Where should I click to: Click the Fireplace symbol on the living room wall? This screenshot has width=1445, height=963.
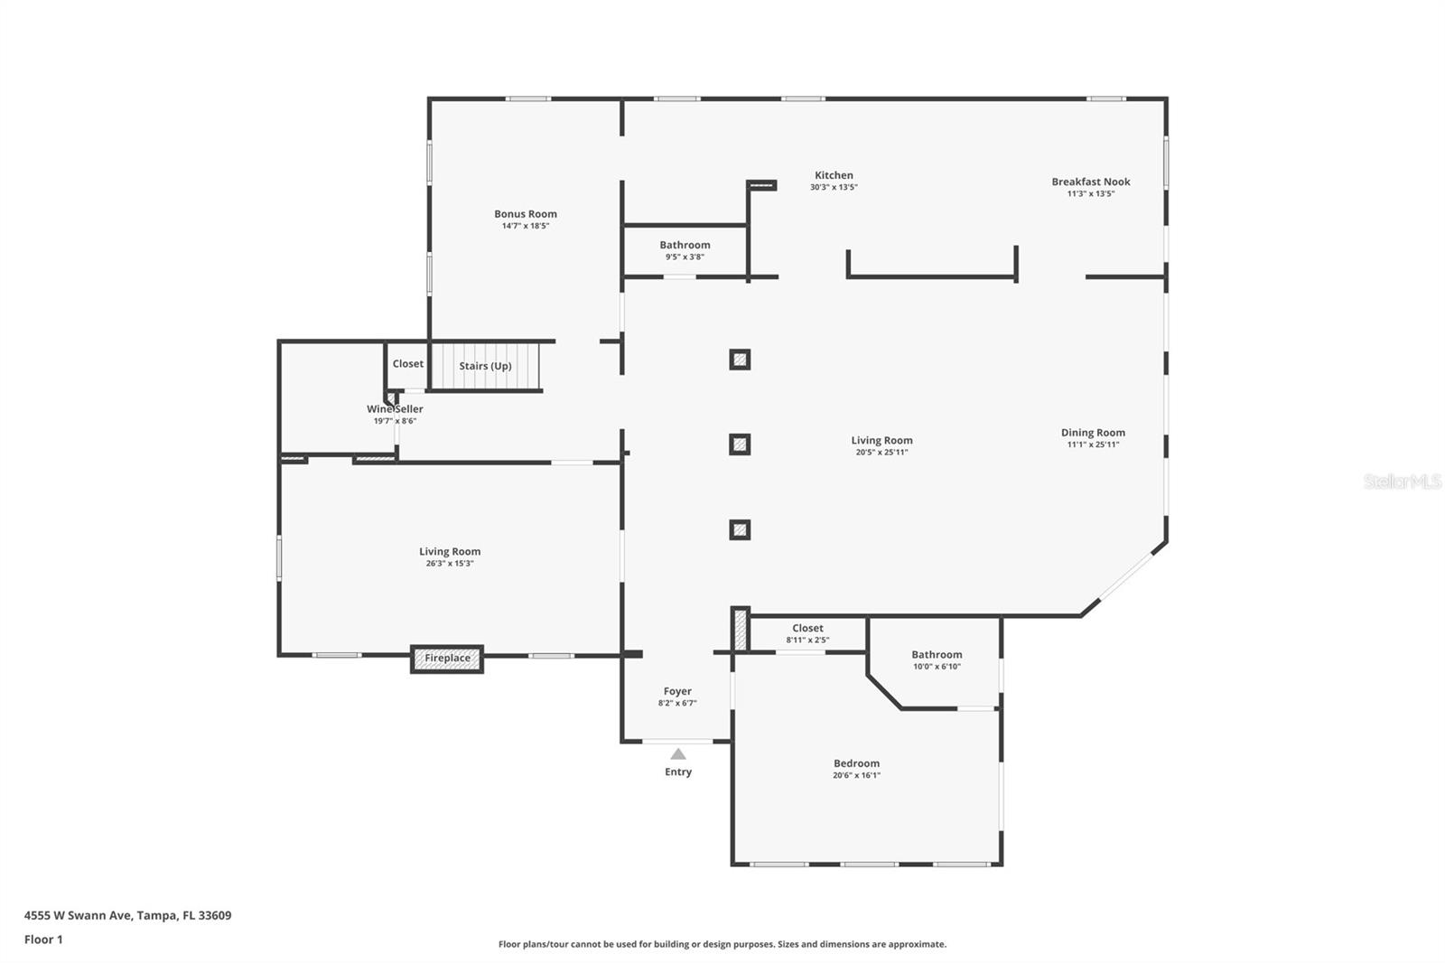pos(447,659)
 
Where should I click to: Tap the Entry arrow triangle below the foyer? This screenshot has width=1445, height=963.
pos(678,754)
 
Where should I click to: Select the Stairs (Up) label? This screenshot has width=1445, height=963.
pos(485,366)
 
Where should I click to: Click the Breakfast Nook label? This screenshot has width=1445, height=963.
pos(1090,182)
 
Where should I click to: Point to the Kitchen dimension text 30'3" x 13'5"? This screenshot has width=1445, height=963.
pos(833,188)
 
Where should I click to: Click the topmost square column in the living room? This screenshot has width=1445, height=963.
pos(740,360)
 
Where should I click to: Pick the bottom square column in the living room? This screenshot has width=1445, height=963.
pos(740,530)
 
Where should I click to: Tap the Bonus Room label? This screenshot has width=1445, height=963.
pos(525,214)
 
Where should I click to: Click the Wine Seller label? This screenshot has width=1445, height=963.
pos(395,409)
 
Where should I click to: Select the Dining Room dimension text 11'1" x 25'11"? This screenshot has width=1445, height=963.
pos(1093,444)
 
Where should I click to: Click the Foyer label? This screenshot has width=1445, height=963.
pos(677,691)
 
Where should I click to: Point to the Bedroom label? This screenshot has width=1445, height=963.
pos(856,763)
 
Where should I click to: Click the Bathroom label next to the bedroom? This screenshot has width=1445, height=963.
pos(937,655)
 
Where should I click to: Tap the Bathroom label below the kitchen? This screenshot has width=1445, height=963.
pos(685,245)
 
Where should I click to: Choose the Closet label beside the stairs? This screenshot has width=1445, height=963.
pos(407,364)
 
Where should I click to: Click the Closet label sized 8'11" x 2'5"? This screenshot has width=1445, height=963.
pos(807,628)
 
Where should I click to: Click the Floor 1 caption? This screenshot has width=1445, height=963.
pos(43,940)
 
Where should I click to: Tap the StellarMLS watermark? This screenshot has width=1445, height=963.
pos(1402,482)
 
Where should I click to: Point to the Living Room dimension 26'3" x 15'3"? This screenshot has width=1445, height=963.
pos(449,564)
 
